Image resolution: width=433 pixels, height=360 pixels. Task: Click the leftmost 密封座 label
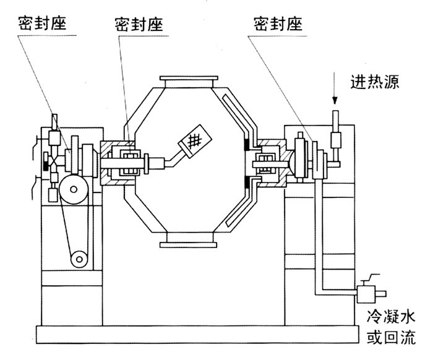[42, 23]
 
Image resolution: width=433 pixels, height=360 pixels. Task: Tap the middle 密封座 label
[139, 24]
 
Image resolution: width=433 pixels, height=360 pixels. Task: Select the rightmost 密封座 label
[278, 24]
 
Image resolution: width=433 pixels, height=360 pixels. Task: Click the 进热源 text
[375, 82]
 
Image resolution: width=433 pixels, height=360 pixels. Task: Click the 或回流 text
[391, 336]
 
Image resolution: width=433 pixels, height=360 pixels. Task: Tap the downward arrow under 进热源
[335, 88]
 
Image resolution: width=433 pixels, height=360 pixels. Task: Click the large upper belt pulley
[74, 189]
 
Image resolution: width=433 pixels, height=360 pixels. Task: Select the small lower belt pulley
[79, 259]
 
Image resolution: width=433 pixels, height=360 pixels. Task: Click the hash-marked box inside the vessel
[195, 141]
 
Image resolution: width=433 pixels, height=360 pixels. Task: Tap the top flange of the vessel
[189, 78]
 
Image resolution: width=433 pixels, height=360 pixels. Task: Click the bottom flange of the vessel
[188, 244]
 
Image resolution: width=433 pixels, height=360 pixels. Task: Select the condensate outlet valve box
[366, 294]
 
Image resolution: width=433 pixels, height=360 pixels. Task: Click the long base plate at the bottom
[197, 334]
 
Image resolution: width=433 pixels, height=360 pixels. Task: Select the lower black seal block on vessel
[247, 183]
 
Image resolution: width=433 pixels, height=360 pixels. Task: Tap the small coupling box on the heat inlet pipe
[336, 140]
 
